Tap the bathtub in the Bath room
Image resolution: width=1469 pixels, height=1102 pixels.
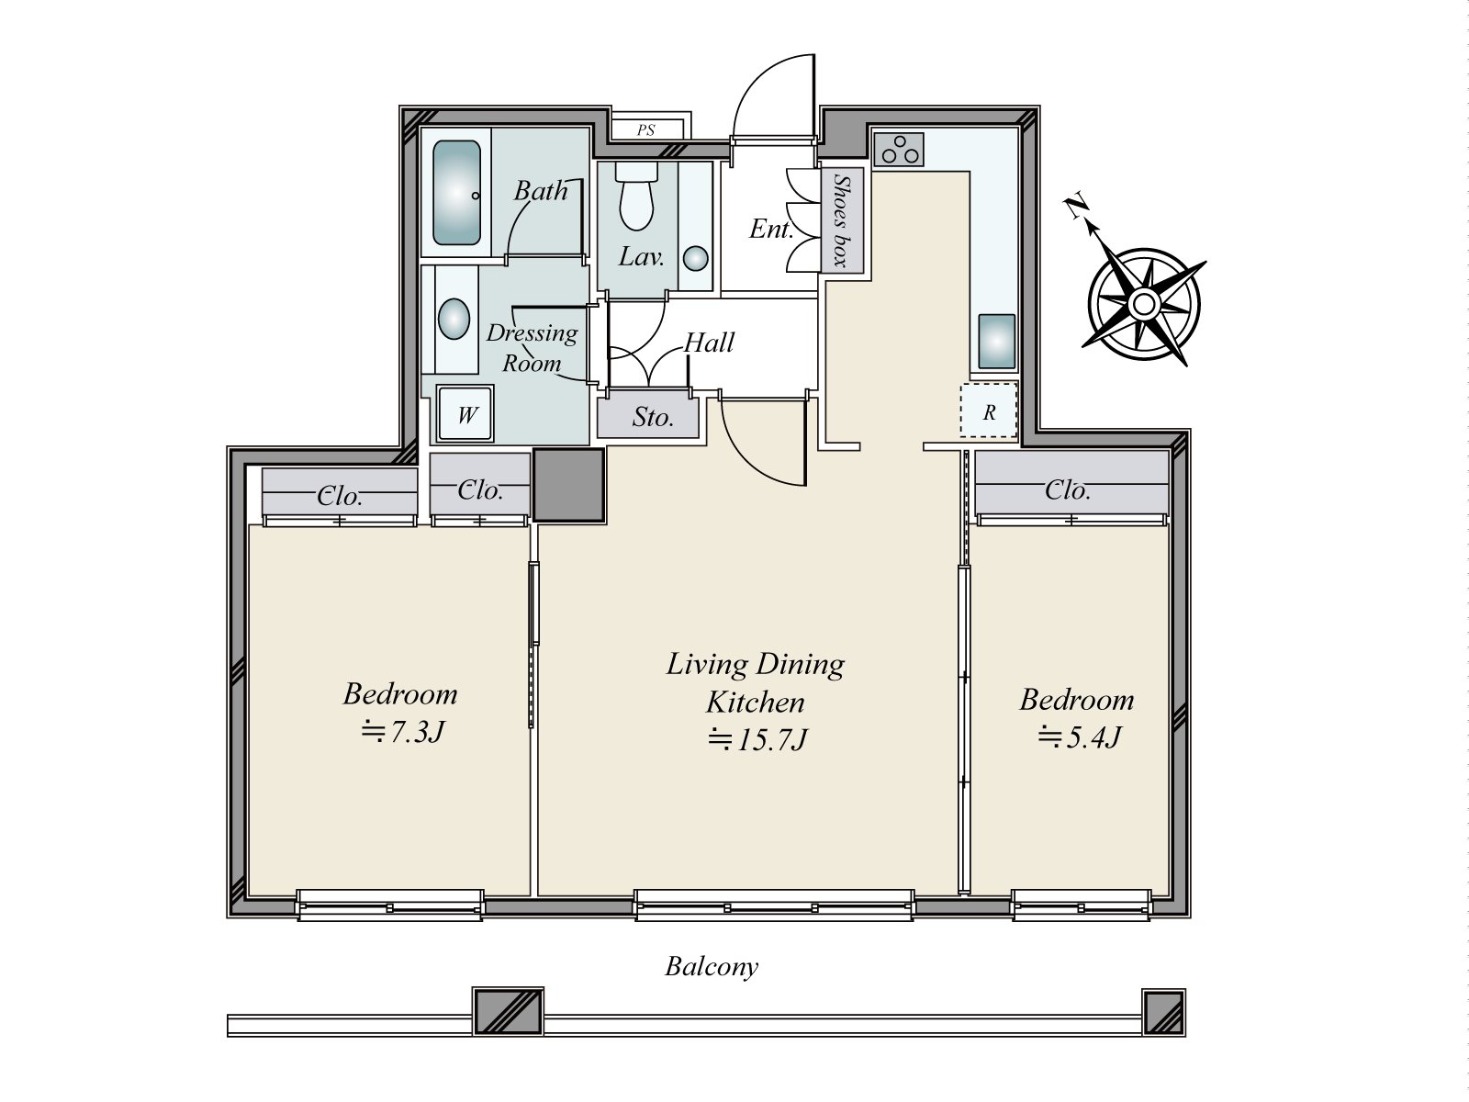point(456,193)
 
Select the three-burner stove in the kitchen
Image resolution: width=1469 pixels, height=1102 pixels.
point(899,150)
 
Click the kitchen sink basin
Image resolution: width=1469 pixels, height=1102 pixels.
point(996,342)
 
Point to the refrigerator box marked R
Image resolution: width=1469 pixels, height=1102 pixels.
point(989,410)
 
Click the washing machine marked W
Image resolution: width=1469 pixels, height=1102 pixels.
point(465,414)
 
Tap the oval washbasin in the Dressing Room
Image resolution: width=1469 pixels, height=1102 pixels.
point(454,319)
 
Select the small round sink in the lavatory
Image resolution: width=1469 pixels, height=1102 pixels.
point(696,258)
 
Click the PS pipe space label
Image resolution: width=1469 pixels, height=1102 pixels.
point(645,129)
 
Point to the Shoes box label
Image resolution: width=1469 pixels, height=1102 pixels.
point(842,220)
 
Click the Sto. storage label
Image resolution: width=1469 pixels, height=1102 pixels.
point(653,418)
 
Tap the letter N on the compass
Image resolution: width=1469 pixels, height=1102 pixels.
point(1076,207)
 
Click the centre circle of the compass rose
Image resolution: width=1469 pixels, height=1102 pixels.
point(1144,305)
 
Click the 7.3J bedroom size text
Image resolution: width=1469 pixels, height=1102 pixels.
point(403,732)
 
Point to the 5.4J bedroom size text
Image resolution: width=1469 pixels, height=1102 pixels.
point(1079,737)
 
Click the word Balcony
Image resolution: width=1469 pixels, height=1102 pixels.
point(712,967)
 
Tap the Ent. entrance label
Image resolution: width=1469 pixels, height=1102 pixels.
point(771,230)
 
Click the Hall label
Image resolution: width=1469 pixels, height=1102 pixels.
point(710,343)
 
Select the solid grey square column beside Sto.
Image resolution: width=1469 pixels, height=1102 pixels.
point(569,485)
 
